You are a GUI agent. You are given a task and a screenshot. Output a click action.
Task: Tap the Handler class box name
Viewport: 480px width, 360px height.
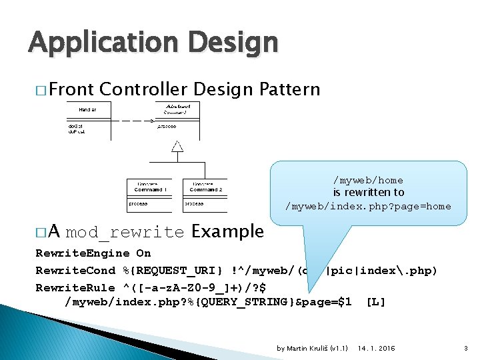[87, 109]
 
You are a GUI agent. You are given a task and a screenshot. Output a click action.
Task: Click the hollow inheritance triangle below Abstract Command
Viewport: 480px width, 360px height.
[177, 147]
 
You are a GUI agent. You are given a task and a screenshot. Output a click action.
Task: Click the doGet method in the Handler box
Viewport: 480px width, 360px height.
[74, 125]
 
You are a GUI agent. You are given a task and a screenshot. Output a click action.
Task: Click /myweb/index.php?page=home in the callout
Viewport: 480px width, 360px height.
[368, 206]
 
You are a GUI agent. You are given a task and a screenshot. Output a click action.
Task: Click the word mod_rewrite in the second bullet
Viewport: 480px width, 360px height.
[125, 233]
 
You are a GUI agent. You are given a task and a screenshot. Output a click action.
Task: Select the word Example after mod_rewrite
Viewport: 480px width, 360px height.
[227, 232]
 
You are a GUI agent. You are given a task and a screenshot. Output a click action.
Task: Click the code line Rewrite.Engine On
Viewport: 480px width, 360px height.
[93, 253]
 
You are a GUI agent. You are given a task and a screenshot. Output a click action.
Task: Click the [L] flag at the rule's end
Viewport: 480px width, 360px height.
[376, 302]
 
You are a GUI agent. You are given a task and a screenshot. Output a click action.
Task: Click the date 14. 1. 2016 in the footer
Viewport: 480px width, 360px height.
[376, 348]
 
